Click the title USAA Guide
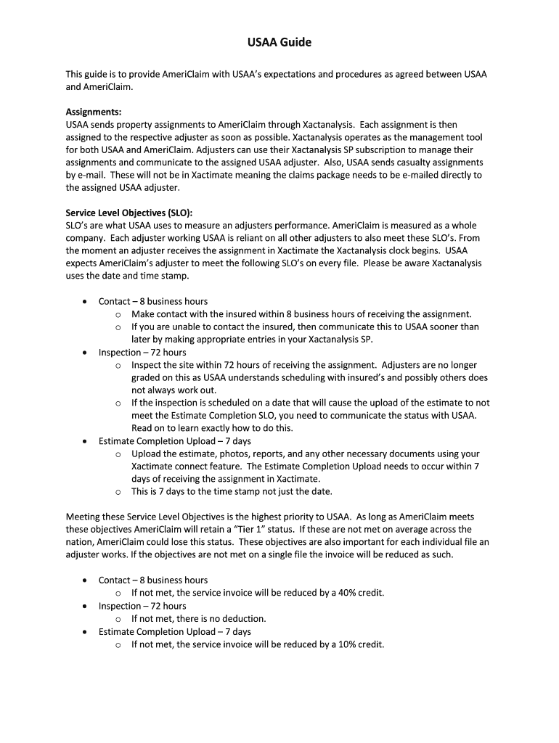click(x=279, y=43)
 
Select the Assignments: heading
click(x=94, y=112)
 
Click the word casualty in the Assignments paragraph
click(x=390, y=163)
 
